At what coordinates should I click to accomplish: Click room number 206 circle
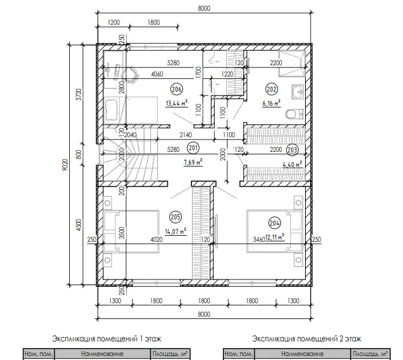point(177,89)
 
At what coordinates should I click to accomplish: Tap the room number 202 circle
point(271,89)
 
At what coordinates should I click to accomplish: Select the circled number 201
point(193,148)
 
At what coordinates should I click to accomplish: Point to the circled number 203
point(292,150)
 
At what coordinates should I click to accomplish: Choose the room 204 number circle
point(275,223)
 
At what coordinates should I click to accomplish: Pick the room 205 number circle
point(175,217)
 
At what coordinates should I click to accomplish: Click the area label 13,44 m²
point(177,103)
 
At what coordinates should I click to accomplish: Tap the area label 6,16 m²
point(271,103)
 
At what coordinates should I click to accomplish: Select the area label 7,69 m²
point(193,163)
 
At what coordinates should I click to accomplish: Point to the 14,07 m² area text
point(176,231)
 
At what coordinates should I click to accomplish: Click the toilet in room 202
point(295,114)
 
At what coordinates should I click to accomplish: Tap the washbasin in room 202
point(298,92)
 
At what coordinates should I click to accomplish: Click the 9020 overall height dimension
point(65,165)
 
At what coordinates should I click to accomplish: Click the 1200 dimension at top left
point(114,22)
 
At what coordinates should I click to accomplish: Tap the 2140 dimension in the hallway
point(186,134)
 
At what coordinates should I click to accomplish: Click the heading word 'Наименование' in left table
point(102,354)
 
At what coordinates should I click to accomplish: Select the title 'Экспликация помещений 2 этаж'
point(307,339)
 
